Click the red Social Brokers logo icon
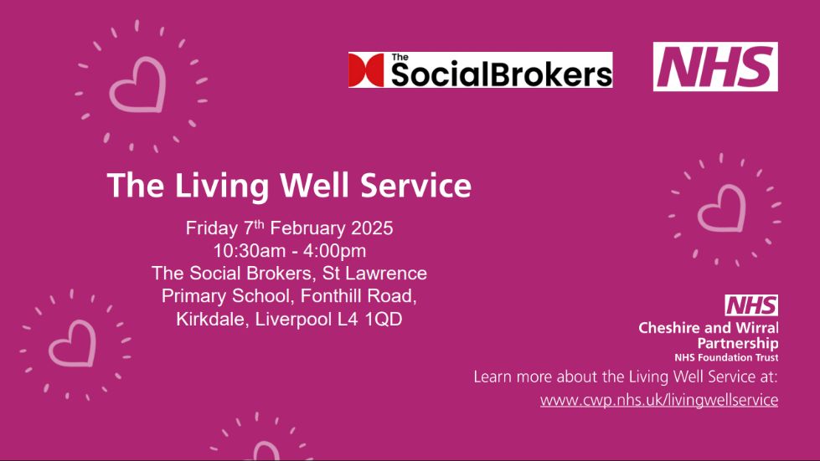pos(366,70)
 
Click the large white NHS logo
pos(715,67)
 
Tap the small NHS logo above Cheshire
pos(751,305)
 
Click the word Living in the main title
pos(222,186)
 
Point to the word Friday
pos(211,228)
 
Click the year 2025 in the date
pos(372,228)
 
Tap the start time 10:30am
pos(250,251)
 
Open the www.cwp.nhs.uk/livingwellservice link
pos(659,400)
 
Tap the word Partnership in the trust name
pos(738,344)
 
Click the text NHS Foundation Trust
pos(726,357)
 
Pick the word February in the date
pos(308,228)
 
